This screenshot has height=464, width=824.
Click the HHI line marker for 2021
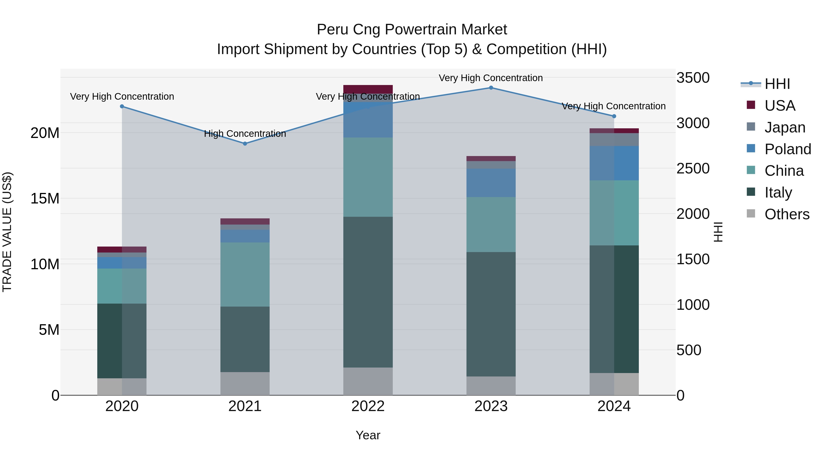[245, 143]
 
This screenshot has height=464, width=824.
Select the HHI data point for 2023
[491, 88]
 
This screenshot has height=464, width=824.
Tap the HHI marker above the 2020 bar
[122, 106]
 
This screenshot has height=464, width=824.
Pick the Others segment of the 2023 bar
[491, 386]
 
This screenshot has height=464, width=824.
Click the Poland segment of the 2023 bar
[491, 183]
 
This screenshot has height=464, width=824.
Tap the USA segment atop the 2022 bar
[368, 89]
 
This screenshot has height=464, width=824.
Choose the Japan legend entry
[785, 127]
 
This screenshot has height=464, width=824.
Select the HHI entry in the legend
[777, 84]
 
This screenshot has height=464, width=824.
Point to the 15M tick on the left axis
[45, 198]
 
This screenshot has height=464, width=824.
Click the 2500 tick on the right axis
[693, 168]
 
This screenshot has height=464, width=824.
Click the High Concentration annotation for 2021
[245, 134]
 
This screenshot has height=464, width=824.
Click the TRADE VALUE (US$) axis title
[7, 232]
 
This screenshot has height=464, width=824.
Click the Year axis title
[368, 435]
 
